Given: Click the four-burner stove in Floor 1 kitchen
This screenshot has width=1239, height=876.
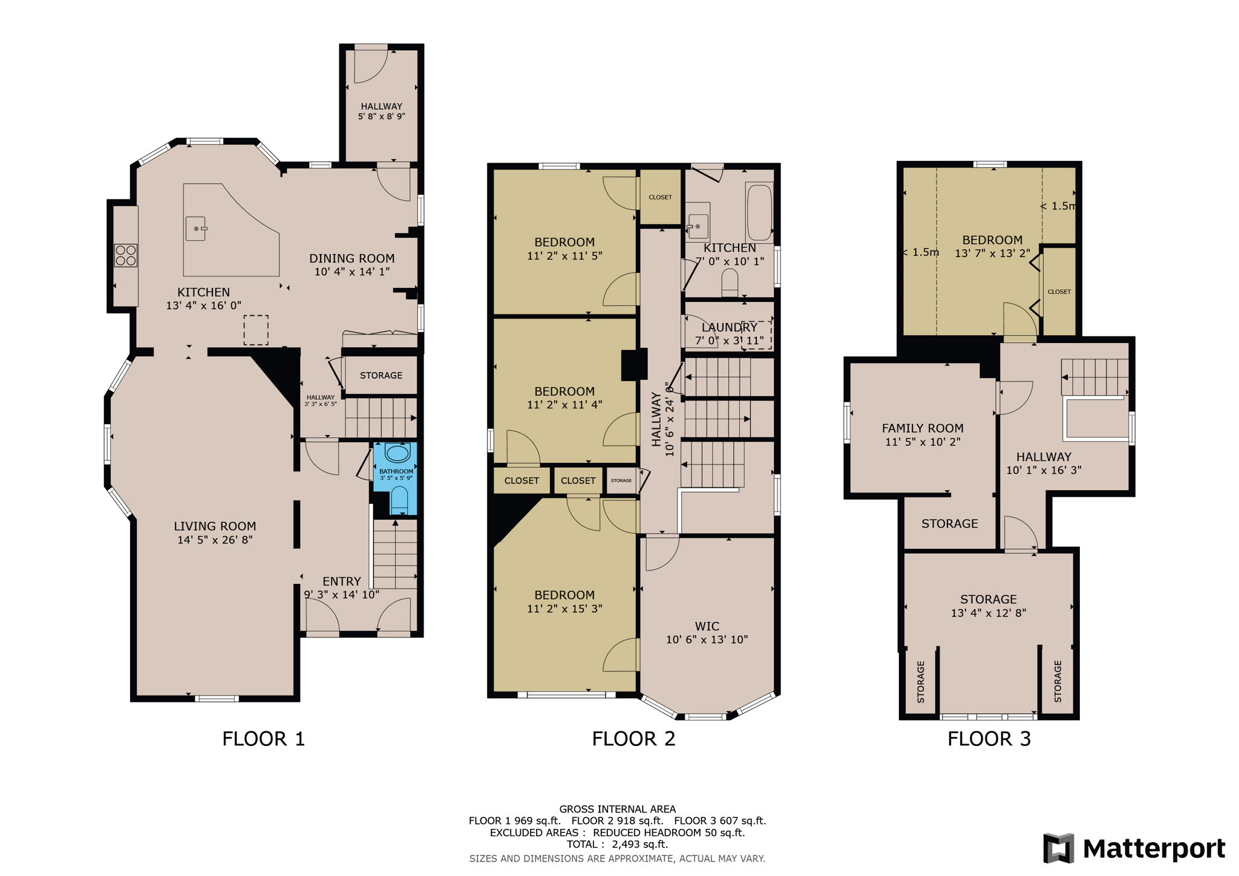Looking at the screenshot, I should [x=126, y=255].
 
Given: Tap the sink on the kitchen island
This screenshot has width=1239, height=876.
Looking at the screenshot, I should [x=196, y=229].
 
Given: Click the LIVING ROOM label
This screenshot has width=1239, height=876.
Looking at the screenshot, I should [x=215, y=526].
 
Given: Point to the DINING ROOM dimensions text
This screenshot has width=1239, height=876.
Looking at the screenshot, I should [x=351, y=272].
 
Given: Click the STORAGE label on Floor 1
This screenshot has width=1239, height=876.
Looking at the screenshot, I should [x=381, y=376].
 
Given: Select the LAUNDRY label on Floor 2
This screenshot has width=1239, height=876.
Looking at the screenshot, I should [x=729, y=327].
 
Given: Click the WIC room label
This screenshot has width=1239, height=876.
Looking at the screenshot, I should [x=707, y=626].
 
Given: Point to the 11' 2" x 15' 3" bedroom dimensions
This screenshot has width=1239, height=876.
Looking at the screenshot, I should [x=564, y=609].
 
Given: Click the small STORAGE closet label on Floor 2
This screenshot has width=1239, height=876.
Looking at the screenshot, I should [x=621, y=480].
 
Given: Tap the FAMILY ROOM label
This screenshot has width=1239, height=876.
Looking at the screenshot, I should [x=923, y=428].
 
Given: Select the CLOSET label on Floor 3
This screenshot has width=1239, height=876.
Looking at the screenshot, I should [x=1059, y=292].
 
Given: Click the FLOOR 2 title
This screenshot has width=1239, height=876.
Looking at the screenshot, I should [x=633, y=739].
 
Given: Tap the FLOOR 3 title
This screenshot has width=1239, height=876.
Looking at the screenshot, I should [x=989, y=739].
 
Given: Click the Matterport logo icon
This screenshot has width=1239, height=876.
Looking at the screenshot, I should [x=1058, y=848].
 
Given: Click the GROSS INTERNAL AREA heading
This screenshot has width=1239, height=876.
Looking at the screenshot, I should [x=617, y=809].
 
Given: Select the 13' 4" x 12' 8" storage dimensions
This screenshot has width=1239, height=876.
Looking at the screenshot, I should [x=988, y=613].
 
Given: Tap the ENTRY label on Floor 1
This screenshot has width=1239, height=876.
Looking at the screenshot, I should [x=341, y=581].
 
